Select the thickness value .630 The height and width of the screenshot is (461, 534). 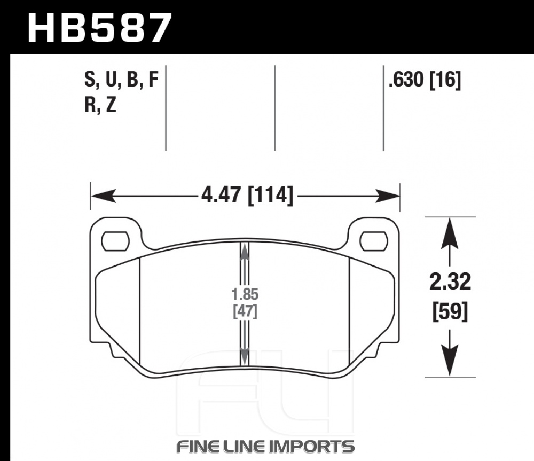point(406,80)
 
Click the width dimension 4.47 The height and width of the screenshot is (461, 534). point(222,196)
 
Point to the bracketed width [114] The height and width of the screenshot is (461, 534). point(270,196)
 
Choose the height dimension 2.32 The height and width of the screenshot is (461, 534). point(450,282)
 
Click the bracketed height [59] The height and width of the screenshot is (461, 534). point(450,311)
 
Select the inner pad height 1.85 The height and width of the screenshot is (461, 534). point(245,294)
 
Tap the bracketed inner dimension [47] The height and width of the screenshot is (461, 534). point(245,311)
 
